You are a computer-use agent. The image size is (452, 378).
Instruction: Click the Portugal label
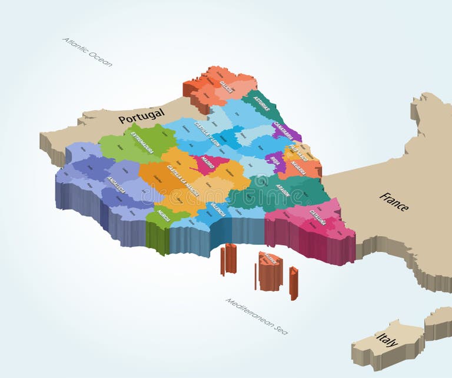pos(141,117)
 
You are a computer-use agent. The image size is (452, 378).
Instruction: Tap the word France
pos(394,201)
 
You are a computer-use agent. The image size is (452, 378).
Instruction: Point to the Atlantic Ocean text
pos(87,52)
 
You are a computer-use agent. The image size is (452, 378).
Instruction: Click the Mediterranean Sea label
pos(257,316)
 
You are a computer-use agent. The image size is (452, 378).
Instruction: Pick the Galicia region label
pos(226,87)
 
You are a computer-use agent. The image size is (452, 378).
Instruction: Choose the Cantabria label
pos(284,133)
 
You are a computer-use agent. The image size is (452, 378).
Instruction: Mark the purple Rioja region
pos(275,160)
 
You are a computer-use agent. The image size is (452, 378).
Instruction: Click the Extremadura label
pos(142,143)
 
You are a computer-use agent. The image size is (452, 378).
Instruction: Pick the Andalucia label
pos(116,185)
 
